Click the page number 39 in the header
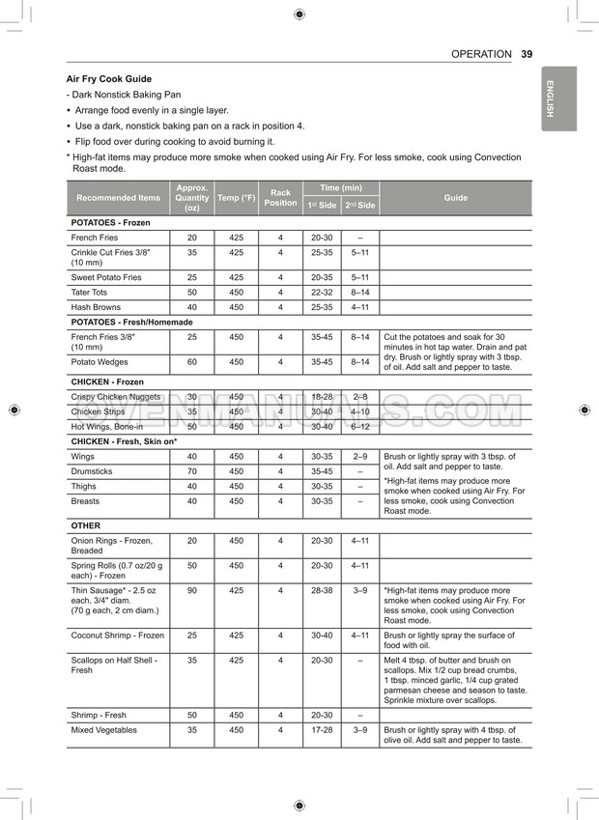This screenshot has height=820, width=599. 526,54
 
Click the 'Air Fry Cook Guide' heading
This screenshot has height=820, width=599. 108,79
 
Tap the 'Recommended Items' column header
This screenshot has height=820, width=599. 118,198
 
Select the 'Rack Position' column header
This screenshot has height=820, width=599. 280,198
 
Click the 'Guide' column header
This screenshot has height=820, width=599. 455,198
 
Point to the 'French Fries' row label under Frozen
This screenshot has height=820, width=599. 95,238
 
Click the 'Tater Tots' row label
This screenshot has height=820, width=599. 89,292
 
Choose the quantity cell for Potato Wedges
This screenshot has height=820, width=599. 191,362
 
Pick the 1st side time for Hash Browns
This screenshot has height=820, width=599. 321,307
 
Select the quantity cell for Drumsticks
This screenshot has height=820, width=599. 191,471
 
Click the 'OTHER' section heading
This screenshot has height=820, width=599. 85,525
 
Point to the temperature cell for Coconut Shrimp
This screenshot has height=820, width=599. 236,636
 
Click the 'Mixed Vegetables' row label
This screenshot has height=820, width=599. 103,730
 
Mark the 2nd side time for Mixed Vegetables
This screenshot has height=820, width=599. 359,730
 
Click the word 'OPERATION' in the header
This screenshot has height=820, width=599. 481,54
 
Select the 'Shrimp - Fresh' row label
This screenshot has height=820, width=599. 99,715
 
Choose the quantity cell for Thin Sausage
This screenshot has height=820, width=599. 191,590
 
